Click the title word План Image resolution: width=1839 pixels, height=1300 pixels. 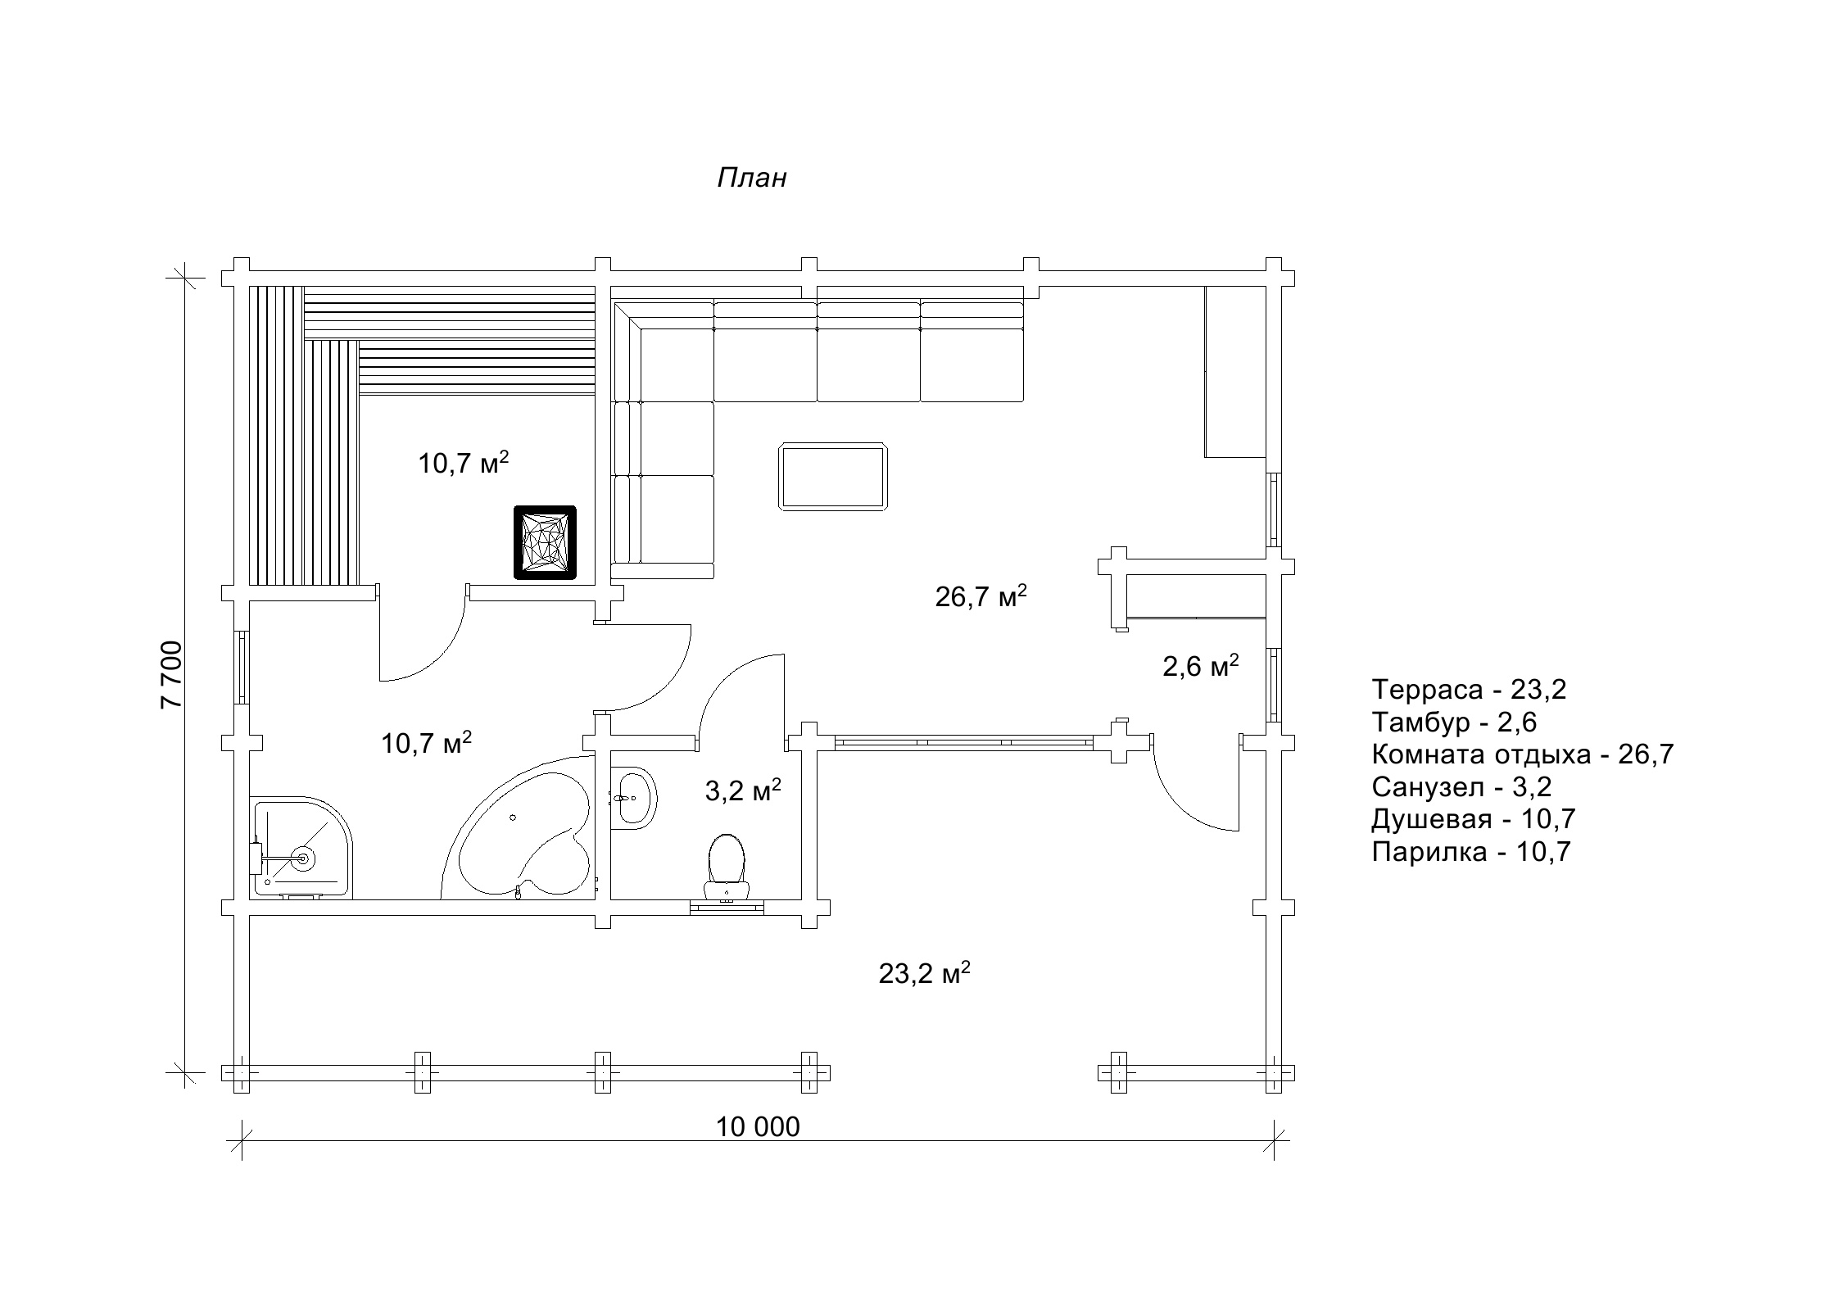752,178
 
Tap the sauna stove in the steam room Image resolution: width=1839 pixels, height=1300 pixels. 545,542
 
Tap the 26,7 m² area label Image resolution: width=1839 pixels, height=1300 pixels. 981,596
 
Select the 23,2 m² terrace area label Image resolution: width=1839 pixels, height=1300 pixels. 925,973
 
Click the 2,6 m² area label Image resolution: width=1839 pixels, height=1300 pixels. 1200,666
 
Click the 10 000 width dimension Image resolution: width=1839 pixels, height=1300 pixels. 758,1127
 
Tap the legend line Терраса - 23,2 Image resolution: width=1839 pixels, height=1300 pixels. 1469,690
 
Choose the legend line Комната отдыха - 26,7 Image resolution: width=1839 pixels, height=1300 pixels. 1523,754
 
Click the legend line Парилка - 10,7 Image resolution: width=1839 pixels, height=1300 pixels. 1471,852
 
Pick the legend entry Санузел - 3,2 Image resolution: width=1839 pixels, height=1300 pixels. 1461,787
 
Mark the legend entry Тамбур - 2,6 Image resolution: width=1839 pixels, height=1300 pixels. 1454,722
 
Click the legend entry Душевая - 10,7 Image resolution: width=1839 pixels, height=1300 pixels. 1474,819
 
